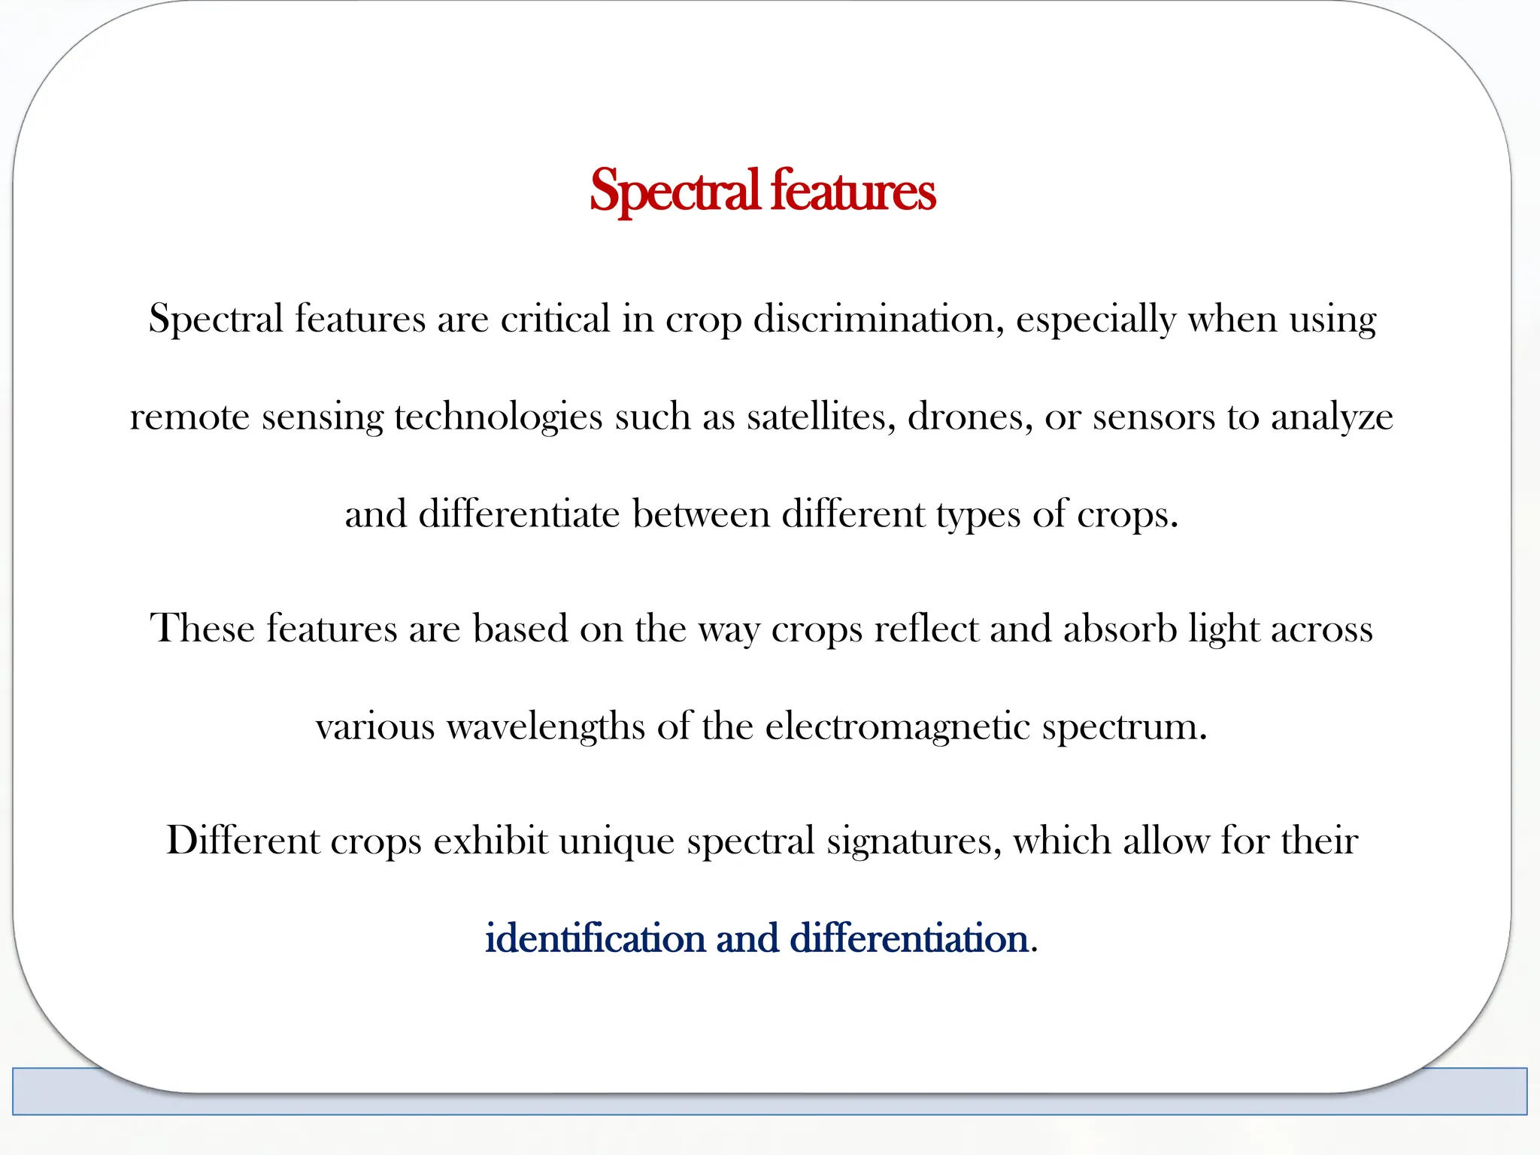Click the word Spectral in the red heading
tap(674, 191)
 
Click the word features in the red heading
tap(853, 191)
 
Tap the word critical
tap(555, 319)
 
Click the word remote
tap(189, 417)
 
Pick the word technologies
tap(498, 417)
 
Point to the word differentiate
tap(519, 515)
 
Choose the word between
tap(701, 515)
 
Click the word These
tap(202, 628)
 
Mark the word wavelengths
tap(545, 727)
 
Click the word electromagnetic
tap(897, 727)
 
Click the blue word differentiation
tap(908, 938)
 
